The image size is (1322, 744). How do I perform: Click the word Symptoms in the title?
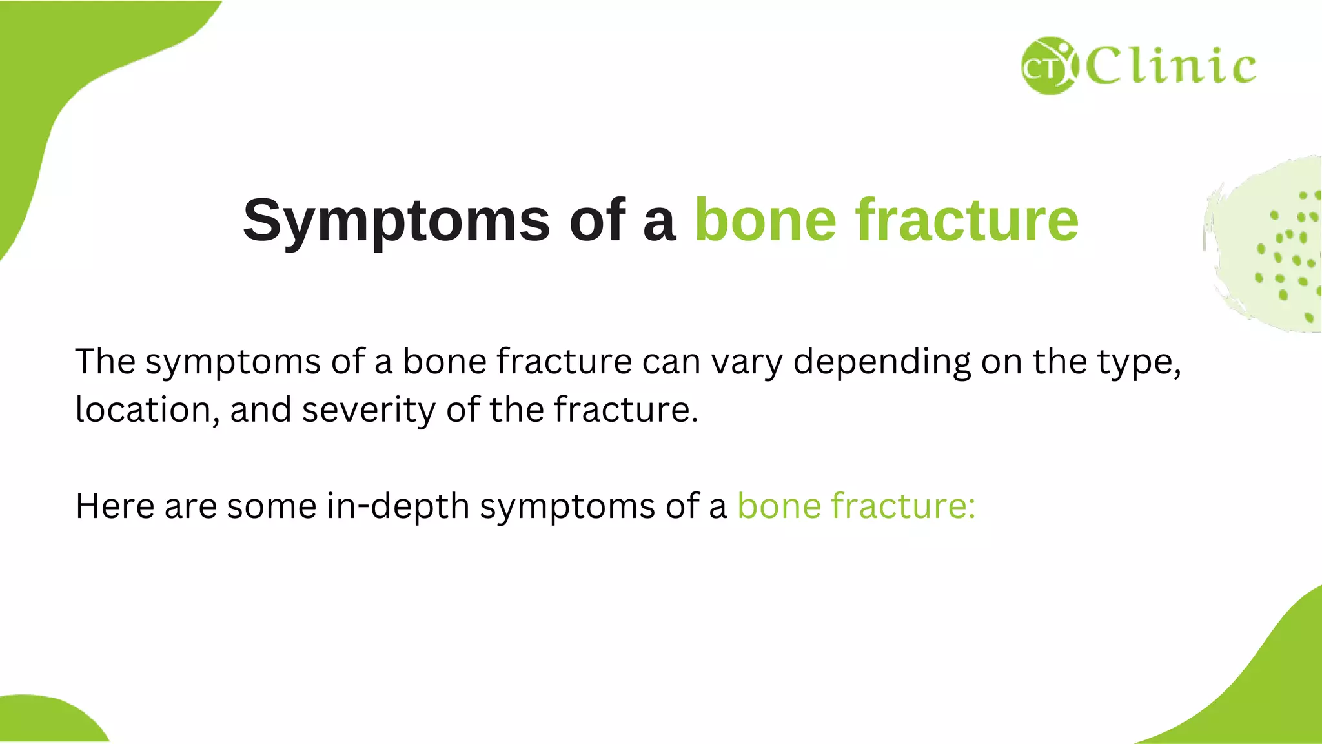coord(396,221)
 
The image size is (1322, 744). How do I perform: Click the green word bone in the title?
coord(765,221)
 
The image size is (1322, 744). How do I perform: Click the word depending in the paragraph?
coord(881,362)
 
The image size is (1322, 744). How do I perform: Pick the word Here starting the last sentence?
coord(115,506)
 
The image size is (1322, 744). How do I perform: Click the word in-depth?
coord(398,506)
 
